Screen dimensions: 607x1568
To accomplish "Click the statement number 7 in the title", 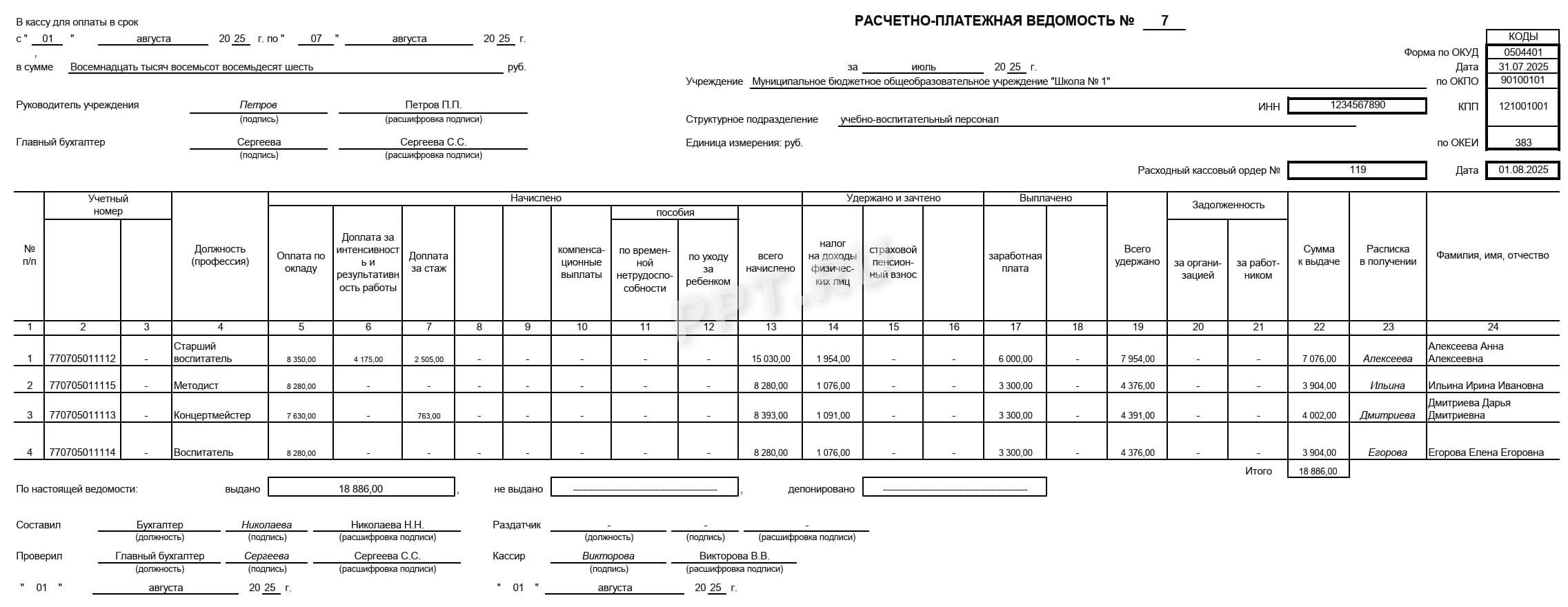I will click(x=1164, y=21).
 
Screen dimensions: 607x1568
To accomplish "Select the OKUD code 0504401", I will click(x=1522, y=52).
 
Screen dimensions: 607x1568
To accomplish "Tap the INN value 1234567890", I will click(x=1358, y=105).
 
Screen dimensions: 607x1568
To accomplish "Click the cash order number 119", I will click(x=1358, y=170).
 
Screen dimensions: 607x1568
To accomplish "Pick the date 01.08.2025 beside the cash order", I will click(x=1522, y=170).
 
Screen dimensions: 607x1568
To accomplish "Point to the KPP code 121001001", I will click(x=1522, y=106).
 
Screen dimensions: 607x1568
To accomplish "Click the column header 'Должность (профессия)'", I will click(x=220, y=255).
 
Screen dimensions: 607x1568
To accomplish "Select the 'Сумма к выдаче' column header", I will click(x=1318, y=255).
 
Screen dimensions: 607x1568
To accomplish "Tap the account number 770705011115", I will click(x=83, y=386).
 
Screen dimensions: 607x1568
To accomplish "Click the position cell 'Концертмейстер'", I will click(x=212, y=415).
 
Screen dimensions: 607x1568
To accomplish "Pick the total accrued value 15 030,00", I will click(x=771, y=359).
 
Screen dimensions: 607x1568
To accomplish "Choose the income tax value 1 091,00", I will click(x=833, y=415).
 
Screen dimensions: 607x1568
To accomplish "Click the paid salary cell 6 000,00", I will click(x=1015, y=359).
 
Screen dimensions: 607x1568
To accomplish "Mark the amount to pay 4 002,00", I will click(x=1319, y=415).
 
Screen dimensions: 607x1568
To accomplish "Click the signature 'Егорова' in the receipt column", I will click(x=1387, y=452).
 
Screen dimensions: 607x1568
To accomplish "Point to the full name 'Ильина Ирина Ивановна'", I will click(x=1485, y=386).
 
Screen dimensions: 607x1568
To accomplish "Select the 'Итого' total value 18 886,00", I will click(x=1318, y=471).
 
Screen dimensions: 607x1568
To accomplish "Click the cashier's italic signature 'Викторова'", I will click(x=608, y=556).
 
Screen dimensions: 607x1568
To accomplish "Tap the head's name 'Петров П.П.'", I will click(x=433, y=105).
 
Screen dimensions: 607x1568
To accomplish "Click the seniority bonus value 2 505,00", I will click(x=428, y=359).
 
